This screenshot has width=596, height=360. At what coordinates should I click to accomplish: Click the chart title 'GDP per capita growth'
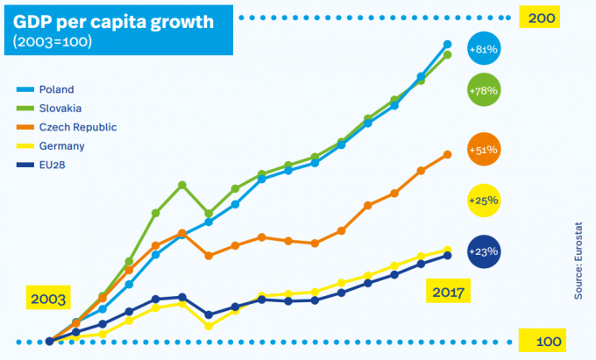pyautogui.click(x=112, y=20)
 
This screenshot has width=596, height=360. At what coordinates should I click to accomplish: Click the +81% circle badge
pyautogui.click(x=484, y=51)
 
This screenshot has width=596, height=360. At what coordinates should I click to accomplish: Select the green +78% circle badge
pyautogui.click(x=484, y=90)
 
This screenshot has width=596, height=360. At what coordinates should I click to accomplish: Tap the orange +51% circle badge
pyautogui.click(x=484, y=150)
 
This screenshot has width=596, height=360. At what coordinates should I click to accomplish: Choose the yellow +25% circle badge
pyautogui.click(x=484, y=201)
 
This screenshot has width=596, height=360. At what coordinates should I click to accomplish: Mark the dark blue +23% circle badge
pyautogui.click(x=484, y=251)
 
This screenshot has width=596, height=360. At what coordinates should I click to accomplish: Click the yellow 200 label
pyautogui.click(x=542, y=18)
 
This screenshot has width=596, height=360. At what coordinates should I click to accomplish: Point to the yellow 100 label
pyautogui.click(x=542, y=341)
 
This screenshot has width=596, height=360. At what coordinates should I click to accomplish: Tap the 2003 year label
pyautogui.click(x=49, y=300)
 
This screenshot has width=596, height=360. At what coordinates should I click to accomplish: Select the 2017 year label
pyautogui.click(x=448, y=290)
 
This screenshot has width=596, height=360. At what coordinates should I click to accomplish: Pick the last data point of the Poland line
pyautogui.click(x=448, y=44)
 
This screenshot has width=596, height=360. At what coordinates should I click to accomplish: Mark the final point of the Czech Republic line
pyautogui.click(x=448, y=154)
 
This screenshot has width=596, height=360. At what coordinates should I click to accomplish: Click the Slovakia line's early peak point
pyautogui.click(x=181, y=185)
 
